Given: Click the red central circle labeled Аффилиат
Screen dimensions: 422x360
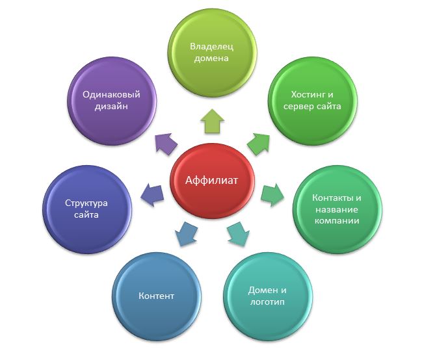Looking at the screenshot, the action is point(213,181).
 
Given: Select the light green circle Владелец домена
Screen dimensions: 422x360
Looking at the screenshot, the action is point(213,52).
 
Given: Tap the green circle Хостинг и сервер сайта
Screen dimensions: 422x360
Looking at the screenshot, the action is point(313,101).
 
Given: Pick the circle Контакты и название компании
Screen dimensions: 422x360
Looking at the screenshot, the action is point(337,209).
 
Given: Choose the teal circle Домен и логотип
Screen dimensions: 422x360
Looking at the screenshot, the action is point(268,296).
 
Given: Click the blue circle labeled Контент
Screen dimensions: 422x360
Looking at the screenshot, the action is point(157,296).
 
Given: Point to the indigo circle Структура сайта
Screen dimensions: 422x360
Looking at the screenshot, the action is point(87,209).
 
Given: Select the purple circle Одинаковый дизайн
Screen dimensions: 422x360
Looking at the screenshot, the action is point(112,101).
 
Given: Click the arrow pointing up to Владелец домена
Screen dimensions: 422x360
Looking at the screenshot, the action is point(213,121).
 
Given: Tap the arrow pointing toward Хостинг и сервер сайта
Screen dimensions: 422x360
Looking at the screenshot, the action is point(259,144).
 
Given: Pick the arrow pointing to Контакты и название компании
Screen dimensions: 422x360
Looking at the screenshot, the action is point(272,195).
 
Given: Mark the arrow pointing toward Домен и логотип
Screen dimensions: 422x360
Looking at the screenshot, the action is point(239,233).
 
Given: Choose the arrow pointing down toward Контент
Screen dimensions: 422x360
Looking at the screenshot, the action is point(186,233).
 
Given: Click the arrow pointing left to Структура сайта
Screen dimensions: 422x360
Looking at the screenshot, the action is point(152,195).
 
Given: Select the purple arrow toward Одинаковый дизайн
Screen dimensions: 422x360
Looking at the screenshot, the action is point(166,144).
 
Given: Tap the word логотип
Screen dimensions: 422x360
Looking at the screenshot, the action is point(267,302).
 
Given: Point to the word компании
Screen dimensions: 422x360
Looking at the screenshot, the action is point(337,221).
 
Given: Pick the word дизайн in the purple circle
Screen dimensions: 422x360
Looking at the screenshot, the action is point(111,107).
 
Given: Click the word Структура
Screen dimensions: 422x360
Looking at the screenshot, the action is point(86,203).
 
